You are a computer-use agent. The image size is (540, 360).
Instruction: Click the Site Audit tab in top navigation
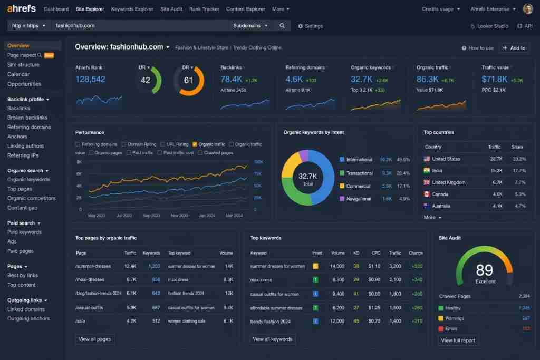pos(171,9)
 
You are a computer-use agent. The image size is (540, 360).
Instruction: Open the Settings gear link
pos(310,26)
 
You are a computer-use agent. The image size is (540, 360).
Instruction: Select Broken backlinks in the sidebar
pos(27,118)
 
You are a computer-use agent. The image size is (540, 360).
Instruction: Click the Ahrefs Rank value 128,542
pos(90,80)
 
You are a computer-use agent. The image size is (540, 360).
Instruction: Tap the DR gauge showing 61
pos(188,81)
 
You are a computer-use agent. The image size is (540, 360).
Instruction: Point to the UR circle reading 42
pos(146,81)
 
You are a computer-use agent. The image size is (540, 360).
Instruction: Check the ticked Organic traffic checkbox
pos(195,144)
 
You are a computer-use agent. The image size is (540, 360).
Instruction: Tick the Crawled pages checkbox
pos(200,153)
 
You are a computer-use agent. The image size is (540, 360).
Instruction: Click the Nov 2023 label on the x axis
pos(179,216)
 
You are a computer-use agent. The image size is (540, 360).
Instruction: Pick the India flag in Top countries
pos(427,171)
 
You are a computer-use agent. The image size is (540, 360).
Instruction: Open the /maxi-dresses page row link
pos(90,279)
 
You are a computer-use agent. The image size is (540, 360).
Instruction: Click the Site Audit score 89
pos(484,270)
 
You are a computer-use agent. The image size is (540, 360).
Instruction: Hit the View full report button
pos(458,340)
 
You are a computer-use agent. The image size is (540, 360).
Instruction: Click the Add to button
pos(514,48)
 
